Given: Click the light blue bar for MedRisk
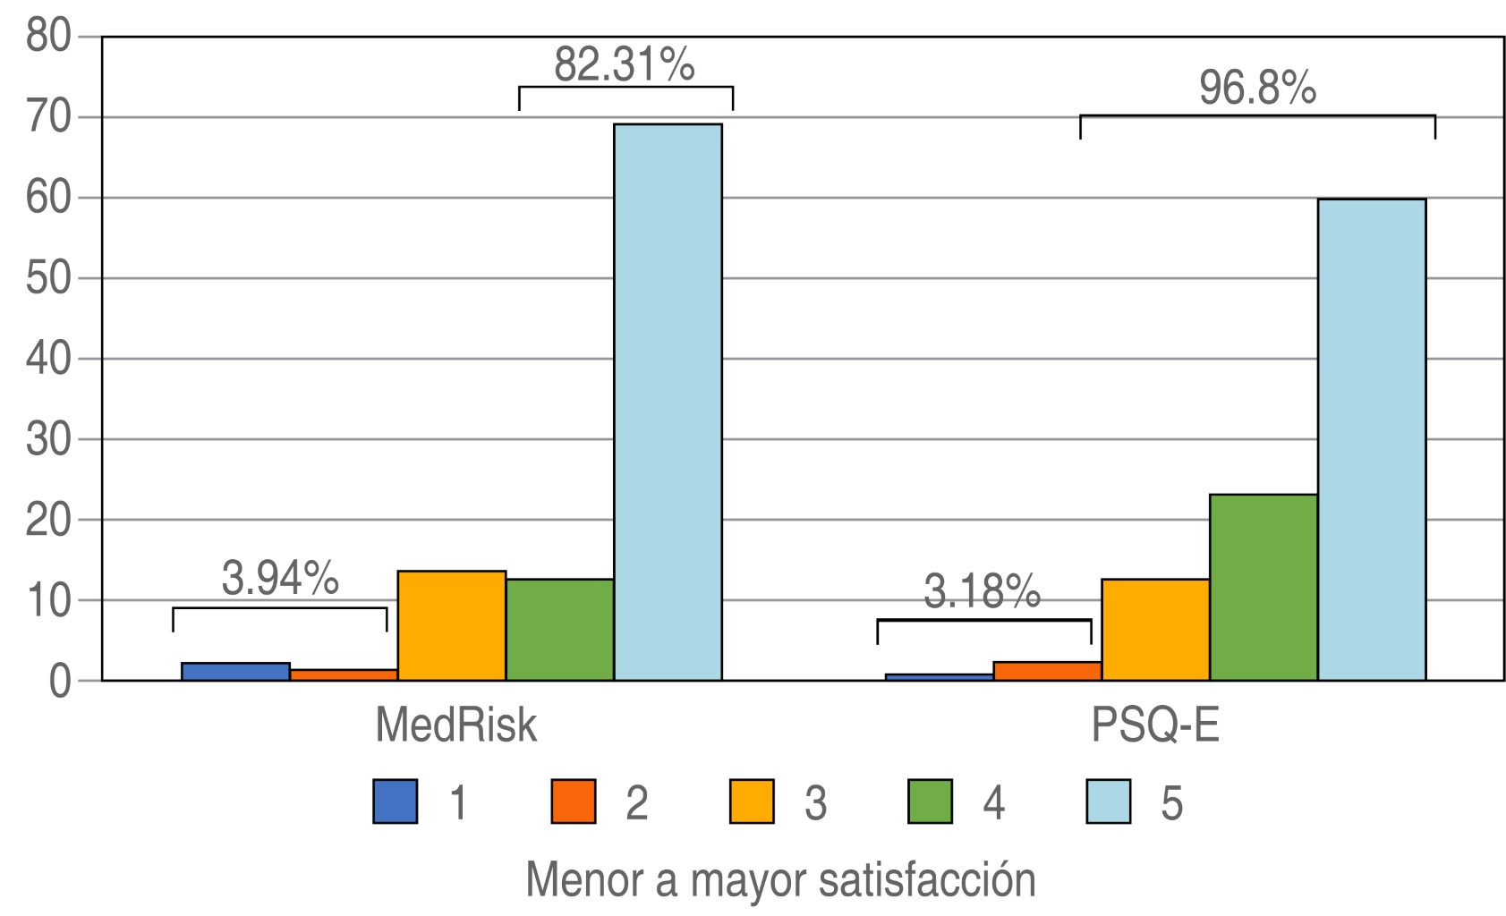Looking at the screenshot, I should point(668,403).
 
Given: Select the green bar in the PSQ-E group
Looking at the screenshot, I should point(1263,587).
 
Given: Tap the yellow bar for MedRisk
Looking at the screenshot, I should point(452,625).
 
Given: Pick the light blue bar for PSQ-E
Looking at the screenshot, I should point(1371,439).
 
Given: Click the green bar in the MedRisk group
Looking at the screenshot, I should point(559,630).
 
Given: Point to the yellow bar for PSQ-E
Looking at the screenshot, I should point(1155,630).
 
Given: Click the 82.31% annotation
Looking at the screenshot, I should point(625,64).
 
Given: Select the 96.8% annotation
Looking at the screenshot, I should point(1257,88).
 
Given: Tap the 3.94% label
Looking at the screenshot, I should point(280,579).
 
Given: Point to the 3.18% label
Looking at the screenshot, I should point(983,591).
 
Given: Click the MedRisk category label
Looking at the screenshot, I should point(455,725).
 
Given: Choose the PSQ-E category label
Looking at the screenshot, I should point(1155,725).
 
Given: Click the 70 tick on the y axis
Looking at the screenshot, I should point(48,117).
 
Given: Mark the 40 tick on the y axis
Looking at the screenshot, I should point(48,359).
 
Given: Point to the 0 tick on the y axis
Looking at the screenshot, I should point(60,682).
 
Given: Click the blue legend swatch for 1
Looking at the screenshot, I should point(395,801).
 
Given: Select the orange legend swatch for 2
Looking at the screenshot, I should point(573,801).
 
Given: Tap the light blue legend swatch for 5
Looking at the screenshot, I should point(1108,801).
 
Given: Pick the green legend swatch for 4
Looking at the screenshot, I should point(930,801).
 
